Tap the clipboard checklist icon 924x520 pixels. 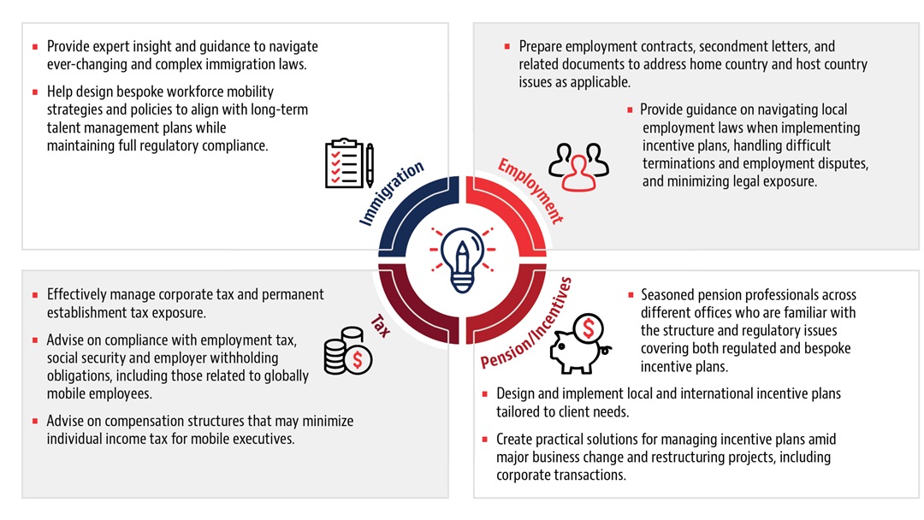(x=343, y=163)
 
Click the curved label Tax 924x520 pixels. (x=381, y=324)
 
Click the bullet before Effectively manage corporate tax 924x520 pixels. (x=34, y=294)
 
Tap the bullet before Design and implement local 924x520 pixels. (x=484, y=393)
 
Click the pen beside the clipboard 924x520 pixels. (x=370, y=165)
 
